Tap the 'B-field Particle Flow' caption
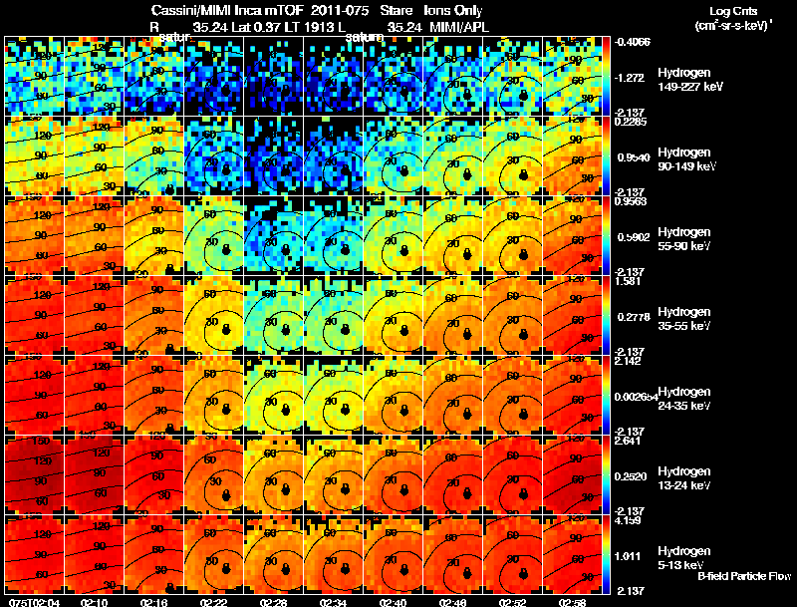743,576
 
